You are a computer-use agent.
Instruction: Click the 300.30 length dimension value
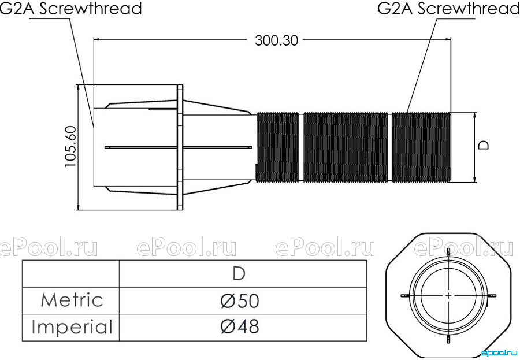coord(276,40)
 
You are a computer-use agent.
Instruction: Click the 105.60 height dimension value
coord(70,146)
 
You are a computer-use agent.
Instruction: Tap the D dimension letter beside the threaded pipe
coord(484,145)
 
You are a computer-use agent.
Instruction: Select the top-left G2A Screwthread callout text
coord(70,8)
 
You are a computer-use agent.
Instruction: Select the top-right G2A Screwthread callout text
coord(448,8)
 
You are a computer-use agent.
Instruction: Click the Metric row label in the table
coord(72,300)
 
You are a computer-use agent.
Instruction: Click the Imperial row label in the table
coord(72,327)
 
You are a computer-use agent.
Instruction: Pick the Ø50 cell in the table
coord(239,300)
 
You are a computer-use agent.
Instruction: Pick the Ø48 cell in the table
coord(239,326)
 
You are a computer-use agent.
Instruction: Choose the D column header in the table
coord(239,274)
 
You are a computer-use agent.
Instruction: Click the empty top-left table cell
coord(71,274)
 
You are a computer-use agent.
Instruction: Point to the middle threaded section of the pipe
coord(346,147)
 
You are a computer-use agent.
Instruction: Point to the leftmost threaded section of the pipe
coord(278,147)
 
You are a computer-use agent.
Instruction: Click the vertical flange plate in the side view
coord(180,147)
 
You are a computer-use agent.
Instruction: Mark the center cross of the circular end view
coord(448,295)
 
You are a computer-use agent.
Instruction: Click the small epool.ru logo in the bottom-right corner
coord(499,353)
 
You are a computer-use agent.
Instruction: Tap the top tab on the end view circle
coord(448,253)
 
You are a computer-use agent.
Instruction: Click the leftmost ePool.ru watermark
coord(49,247)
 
